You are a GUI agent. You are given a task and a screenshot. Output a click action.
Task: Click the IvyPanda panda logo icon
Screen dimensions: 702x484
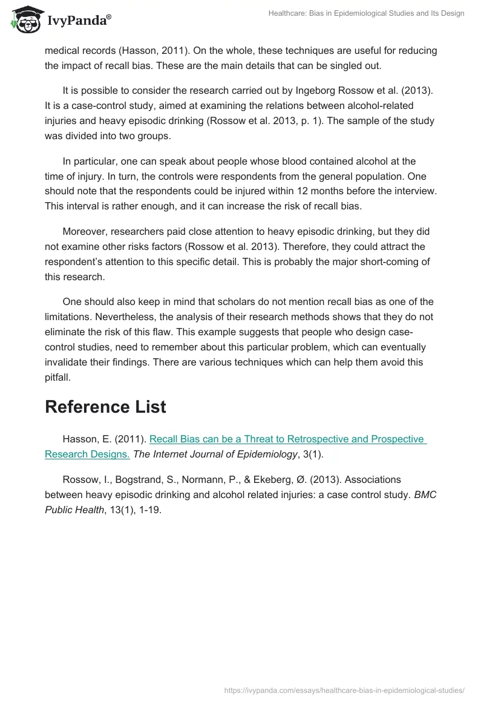[x=25, y=20]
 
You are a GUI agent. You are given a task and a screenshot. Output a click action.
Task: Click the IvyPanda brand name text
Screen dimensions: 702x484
[x=79, y=21]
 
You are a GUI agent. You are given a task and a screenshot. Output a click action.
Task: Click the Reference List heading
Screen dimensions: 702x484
[x=105, y=407]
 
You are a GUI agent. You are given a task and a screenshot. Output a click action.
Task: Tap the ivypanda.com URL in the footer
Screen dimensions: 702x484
[x=344, y=689]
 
